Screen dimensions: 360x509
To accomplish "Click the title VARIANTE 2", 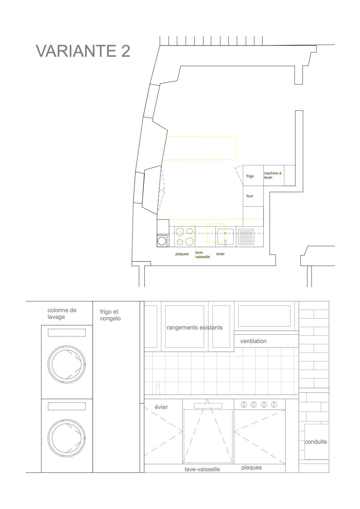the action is pos(83,51).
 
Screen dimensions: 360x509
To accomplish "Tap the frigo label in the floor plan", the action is pos(250,176).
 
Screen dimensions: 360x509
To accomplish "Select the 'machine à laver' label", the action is pos(273,175).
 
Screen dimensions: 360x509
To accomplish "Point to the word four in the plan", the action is pos(250,196).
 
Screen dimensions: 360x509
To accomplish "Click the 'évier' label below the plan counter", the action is pos(220,254).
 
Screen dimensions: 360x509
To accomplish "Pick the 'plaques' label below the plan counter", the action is pos(182,254).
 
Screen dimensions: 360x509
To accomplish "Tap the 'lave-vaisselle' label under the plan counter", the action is pos(202,255).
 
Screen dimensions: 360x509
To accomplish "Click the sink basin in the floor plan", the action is pos(226,237).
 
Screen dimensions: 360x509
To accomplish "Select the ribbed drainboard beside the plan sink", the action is pos(246,236).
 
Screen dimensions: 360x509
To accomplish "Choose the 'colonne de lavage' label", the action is pos(62,313).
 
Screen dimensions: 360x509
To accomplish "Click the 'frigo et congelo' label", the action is pos(110,315).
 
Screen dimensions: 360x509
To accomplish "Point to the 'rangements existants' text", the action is pos(195,327).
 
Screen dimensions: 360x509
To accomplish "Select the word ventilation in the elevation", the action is pos(253,341).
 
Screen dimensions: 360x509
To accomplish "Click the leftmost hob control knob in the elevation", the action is pos(244,405).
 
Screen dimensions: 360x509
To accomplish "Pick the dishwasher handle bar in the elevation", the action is pos(208,406).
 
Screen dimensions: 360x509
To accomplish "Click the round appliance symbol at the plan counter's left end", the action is pos(162,241).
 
